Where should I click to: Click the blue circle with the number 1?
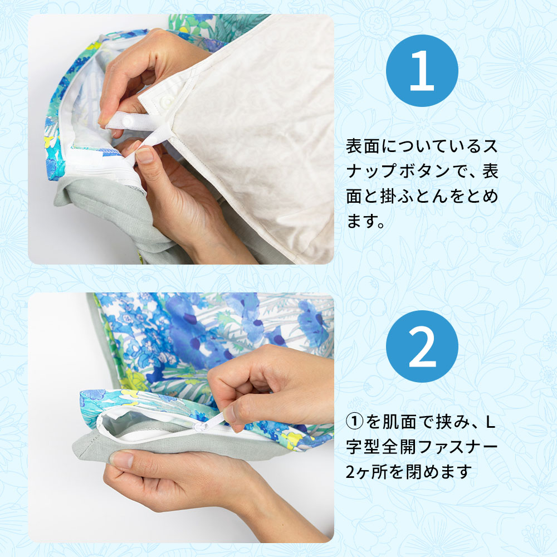pos(422,70)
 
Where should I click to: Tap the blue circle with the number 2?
pos(422,346)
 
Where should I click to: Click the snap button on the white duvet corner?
pos(166,103)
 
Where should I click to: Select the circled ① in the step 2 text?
pos(354,422)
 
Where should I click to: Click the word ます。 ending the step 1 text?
pos(365,221)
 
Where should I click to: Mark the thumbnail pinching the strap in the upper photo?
pos(144,155)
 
